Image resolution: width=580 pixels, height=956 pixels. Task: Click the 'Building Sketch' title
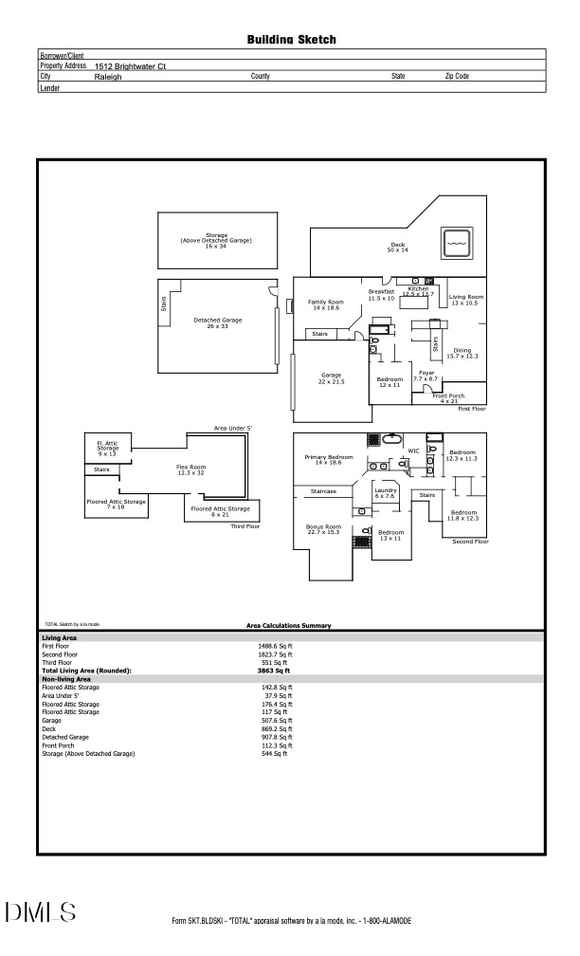[291, 40]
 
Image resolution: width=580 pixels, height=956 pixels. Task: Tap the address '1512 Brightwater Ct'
[131, 66]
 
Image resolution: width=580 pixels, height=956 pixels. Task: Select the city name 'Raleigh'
[108, 76]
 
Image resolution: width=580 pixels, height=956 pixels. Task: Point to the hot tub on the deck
[457, 244]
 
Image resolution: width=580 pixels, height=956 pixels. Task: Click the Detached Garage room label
[218, 322]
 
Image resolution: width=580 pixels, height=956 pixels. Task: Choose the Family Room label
[326, 304]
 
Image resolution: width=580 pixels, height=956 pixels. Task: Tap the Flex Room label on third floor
[190, 469]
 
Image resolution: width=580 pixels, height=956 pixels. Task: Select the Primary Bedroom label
[329, 459]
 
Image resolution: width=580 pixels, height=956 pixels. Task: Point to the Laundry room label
[385, 493]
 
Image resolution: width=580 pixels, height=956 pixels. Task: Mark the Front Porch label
[448, 397]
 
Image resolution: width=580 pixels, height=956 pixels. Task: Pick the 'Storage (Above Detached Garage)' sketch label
[216, 240]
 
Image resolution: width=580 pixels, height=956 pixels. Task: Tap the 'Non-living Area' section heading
[66, 679]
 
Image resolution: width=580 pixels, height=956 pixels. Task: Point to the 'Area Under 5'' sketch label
[233, 429]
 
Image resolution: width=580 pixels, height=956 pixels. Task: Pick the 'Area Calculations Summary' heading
[288, 626]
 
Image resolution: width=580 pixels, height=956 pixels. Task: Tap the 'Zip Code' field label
[457, 76]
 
